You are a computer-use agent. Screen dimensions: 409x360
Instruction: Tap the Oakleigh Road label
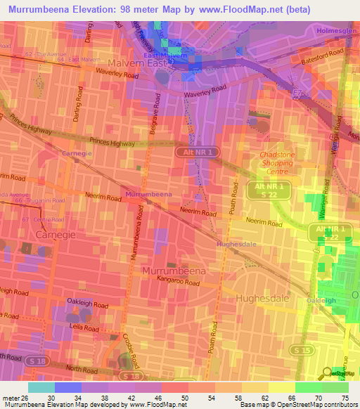(x=87, y=306)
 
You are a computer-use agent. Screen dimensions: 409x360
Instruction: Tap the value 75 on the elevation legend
(x=345, y=397)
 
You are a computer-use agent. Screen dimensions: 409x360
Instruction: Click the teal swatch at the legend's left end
(x=41, y=387)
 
